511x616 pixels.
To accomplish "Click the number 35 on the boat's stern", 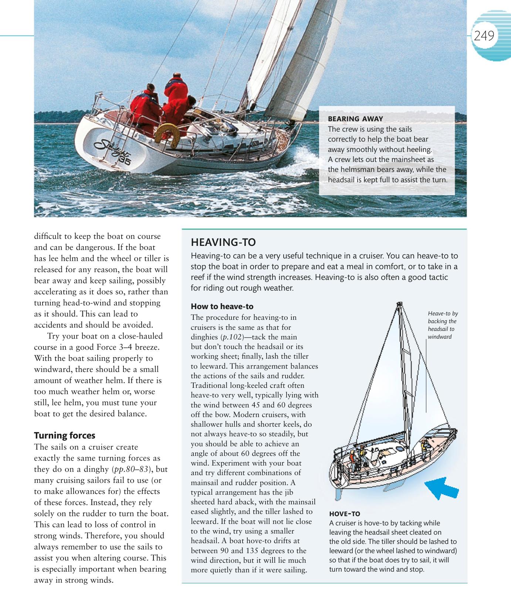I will click(x=125, y=161).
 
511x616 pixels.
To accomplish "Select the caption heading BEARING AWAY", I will click(x=355, y=119).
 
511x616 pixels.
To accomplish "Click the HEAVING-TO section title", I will click(x=223, y=243).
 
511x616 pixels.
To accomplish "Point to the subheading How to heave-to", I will click(x=222, y=307).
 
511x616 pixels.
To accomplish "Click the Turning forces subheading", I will click(x=65, y=435).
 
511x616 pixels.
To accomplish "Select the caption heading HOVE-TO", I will click(x=344, y=514).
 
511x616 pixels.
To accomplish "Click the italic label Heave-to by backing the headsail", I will click(x=443, y=325).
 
